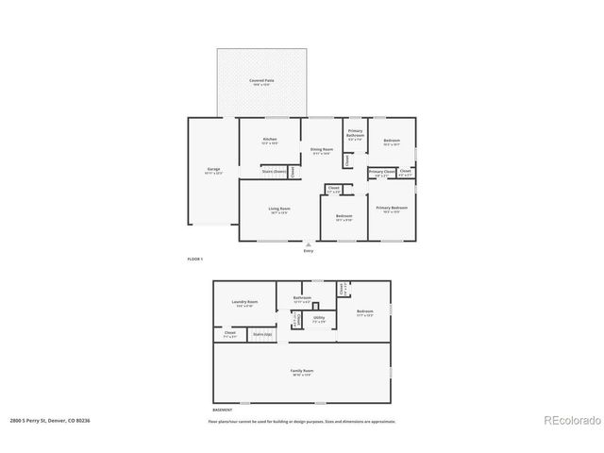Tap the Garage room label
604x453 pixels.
point(213,170)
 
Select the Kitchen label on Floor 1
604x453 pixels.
point(270,140)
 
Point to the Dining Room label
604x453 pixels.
point(322,150)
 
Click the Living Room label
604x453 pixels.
point(278,209)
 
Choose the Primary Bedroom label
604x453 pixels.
point(392,208)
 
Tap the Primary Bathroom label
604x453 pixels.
point(355,134)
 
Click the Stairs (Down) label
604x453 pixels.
point(275,171)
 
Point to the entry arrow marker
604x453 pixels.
point(308,243)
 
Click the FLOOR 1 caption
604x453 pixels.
point(194,259)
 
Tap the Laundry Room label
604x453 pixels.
point(245,303)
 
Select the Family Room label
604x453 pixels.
point(302,371)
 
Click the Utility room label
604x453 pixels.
point(319,318)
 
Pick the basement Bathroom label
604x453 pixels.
point(302,298)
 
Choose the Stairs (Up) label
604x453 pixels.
point(261,333)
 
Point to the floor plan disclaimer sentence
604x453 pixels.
point(302,421)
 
